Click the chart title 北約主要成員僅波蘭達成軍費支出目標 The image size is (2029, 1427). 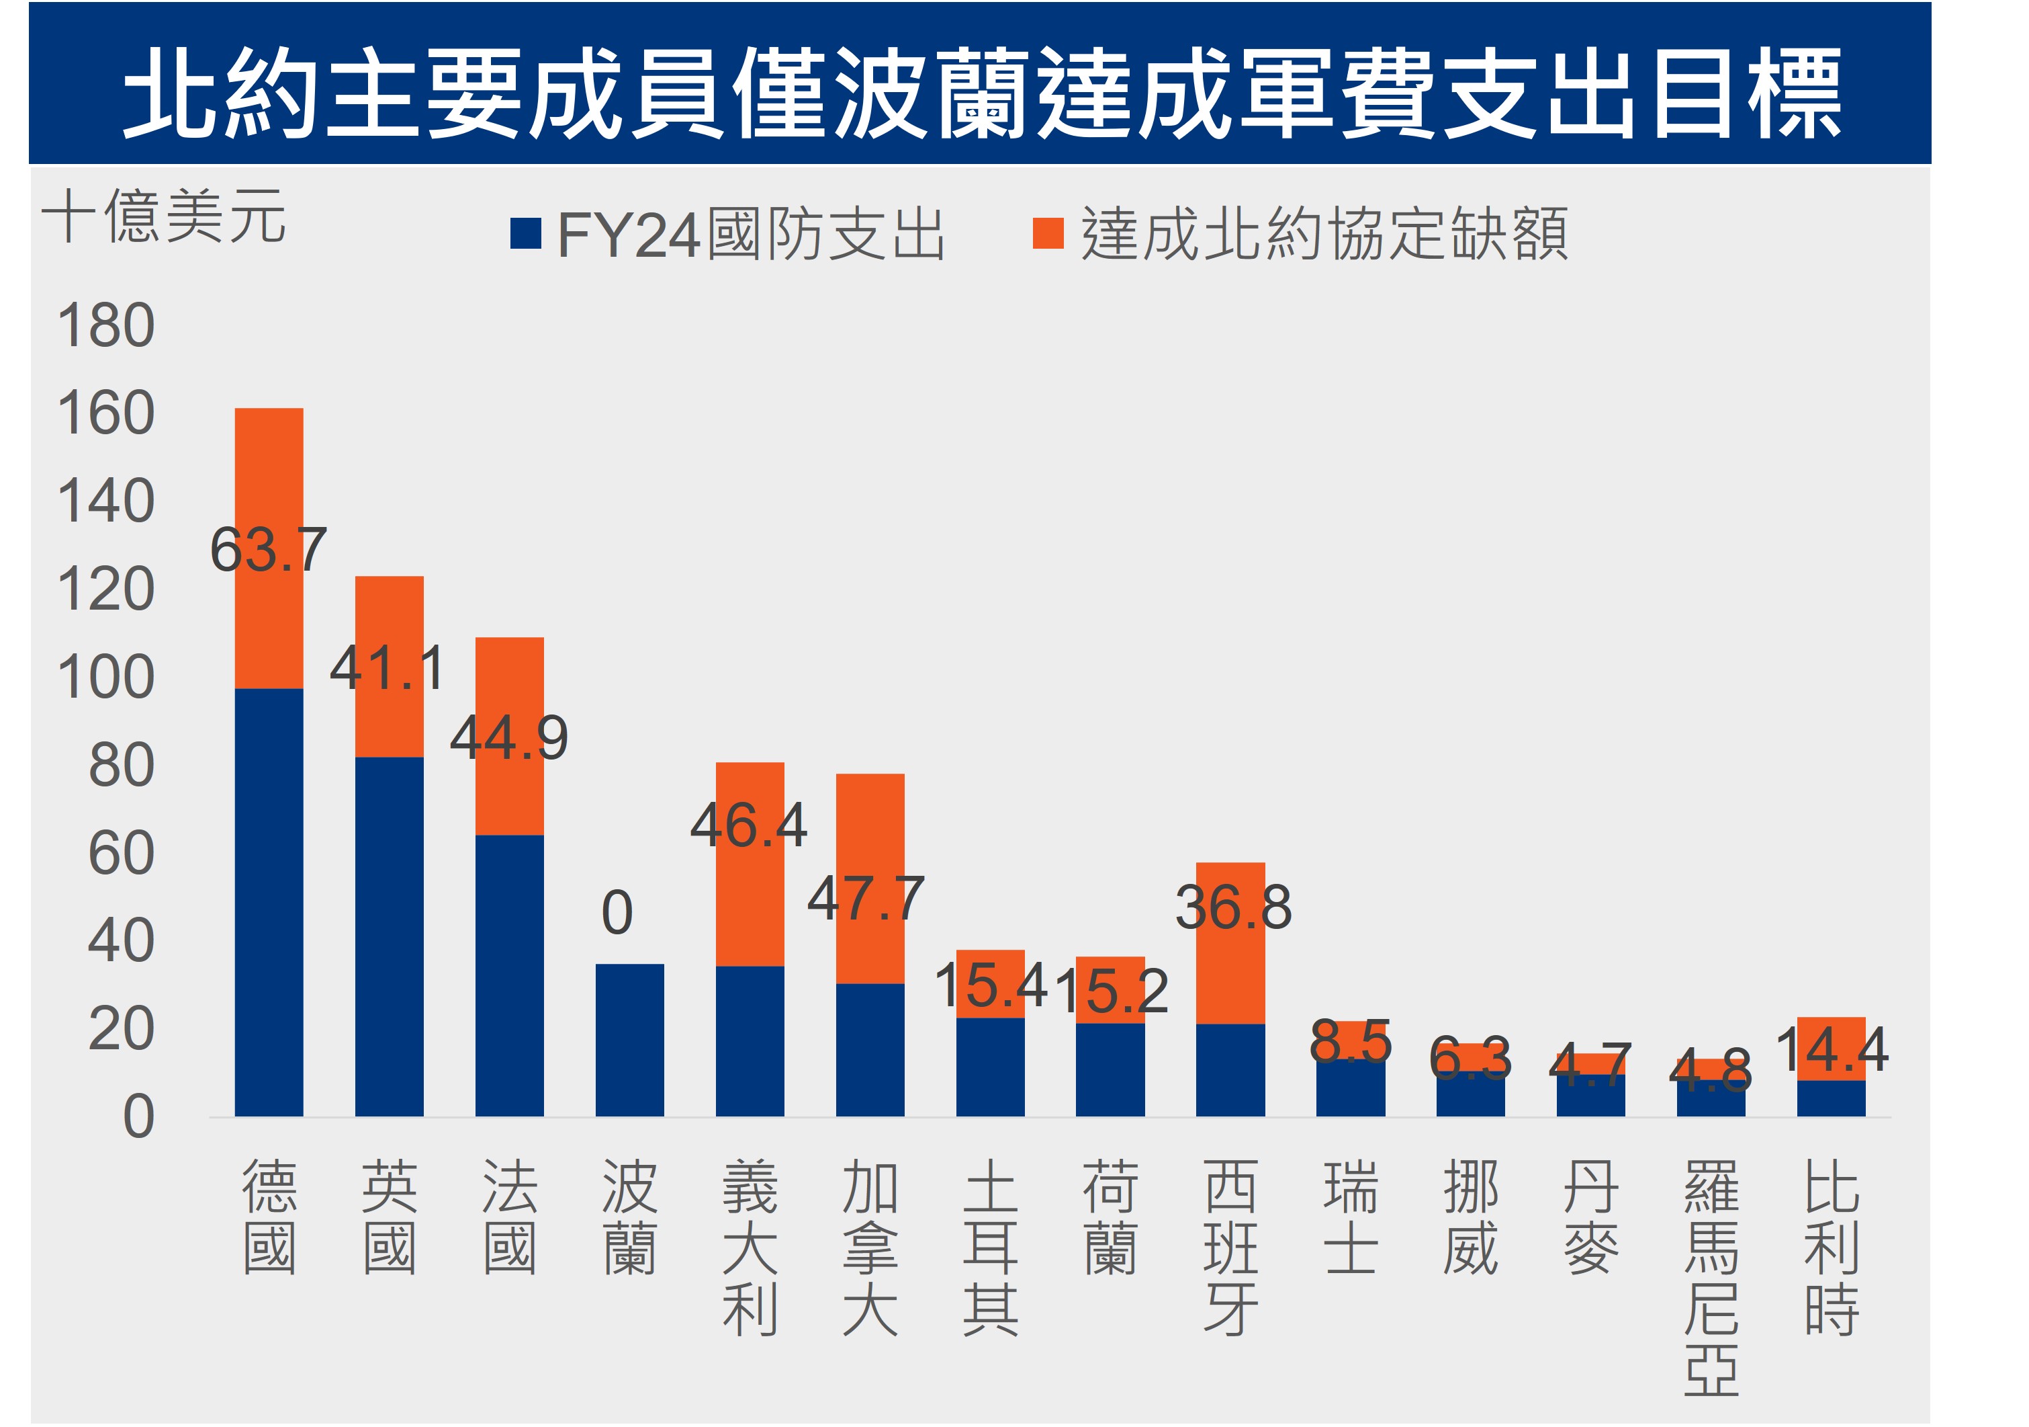coord(981,92)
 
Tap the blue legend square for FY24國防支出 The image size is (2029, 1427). coord(525,235)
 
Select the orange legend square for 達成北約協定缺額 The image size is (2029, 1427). coord(1047,235)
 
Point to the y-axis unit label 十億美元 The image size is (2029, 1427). coord(163,216)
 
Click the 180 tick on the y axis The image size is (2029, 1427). coord(106,325)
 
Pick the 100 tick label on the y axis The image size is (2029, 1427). coord(106,678)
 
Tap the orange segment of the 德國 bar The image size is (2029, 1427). coord(269,477)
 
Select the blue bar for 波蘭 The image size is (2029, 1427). coord(629,1040)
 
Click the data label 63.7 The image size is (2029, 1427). coord(269,549)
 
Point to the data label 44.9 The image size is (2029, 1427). coord(509,737)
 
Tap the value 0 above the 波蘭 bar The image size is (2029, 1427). coord(617,913)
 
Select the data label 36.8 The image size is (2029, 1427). coord(1232,907)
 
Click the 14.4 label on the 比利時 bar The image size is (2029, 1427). coord(1831,1049)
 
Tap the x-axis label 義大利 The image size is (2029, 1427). coord(750,1247)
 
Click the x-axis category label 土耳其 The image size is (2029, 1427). coord(990,1247)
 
